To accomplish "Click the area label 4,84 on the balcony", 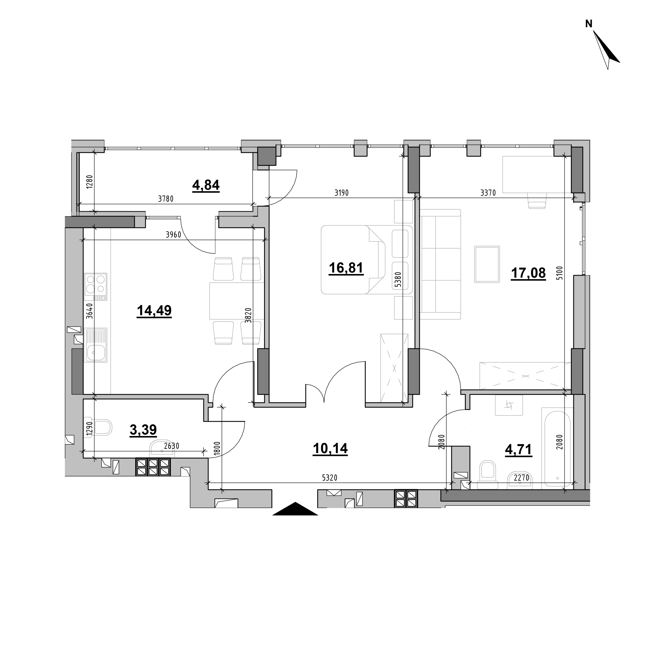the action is (x=206, y=185).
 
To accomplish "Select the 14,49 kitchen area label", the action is (x=154, y=311).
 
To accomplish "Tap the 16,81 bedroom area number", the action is (x=346, y=268).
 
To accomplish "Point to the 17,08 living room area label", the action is (x=528, y=272).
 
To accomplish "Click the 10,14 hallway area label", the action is (x=330, y=449).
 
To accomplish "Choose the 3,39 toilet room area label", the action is (x=143, y=430).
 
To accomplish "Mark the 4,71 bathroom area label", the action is (x=518, y=450).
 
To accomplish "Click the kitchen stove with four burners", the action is (x=96, y=287).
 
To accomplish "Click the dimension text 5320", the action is (x=330, y=478).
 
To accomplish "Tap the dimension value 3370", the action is (x=488, y=193).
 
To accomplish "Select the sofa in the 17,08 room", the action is (x=440, y=265).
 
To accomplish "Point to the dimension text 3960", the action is (x=173, y=235).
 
